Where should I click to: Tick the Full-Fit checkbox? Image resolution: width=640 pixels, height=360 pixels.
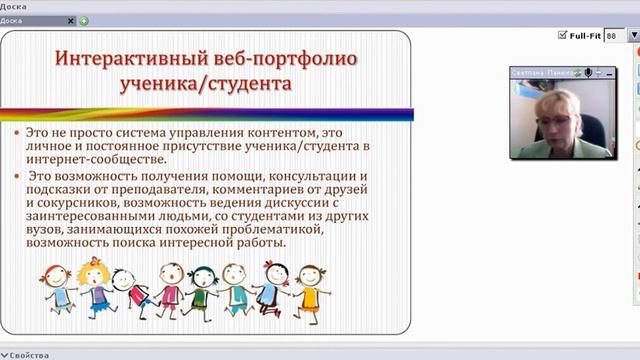tap(563, 35)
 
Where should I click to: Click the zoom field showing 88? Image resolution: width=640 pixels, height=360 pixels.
tap(612, 35)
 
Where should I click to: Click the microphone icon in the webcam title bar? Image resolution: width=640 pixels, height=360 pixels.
tap(589, 72)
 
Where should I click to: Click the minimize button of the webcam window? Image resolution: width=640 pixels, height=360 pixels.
tap(601, 72)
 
